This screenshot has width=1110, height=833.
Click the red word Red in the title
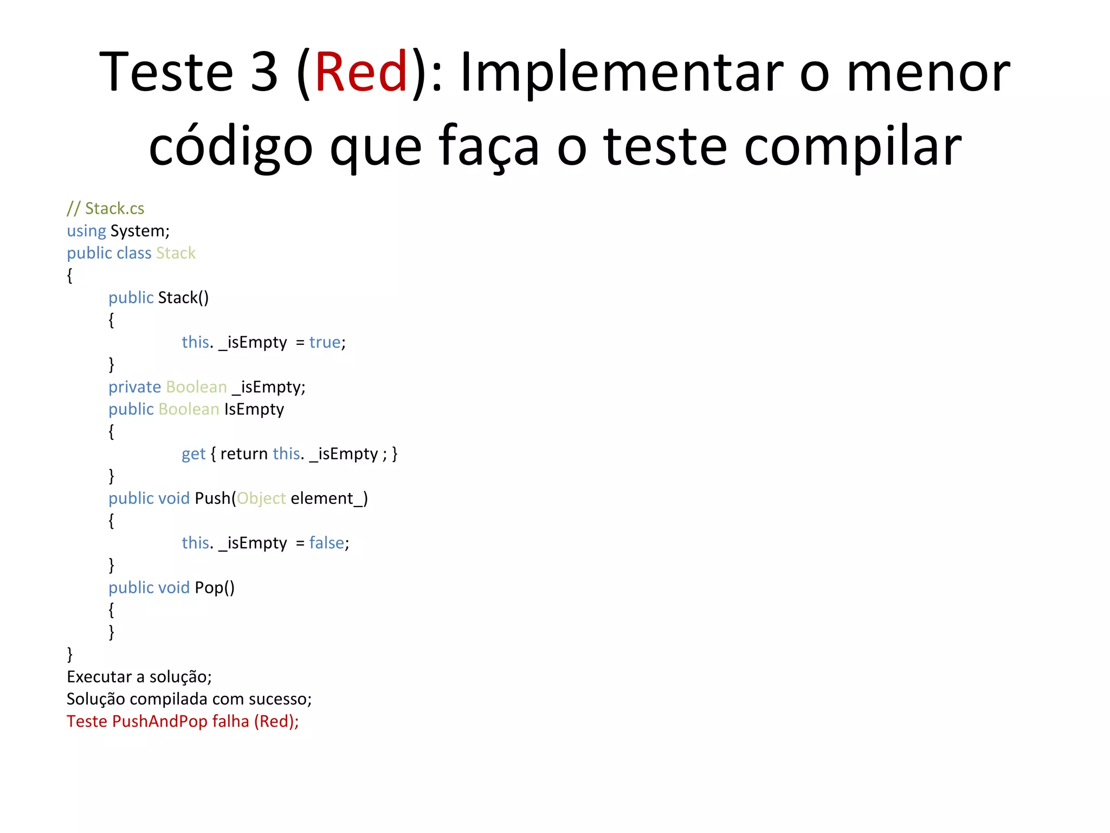[x=361, y=72]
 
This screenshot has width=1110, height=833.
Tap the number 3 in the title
[x=264, y=72]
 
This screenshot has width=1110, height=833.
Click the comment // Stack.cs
[x=106, y=209]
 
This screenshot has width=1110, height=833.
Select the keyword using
[x=86, y=232]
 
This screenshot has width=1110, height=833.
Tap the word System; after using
[x=140, y=232]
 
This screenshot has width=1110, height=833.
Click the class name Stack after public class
[x=176, y=253]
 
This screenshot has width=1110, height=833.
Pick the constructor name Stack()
[x=183, y=298]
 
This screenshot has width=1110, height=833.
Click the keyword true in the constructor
[x=325, y=342]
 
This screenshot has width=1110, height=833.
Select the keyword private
[x=134, y=387]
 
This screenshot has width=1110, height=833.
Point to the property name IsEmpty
[x=254, y=409]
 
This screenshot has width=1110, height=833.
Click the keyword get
[x=193, y=454]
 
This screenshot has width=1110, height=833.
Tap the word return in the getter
[x=244, y=454]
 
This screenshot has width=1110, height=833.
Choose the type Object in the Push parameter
[x=261, y=498]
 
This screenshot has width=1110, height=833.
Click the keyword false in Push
[x=327, y=543]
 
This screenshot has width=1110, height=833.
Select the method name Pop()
[x=215, y=588]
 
